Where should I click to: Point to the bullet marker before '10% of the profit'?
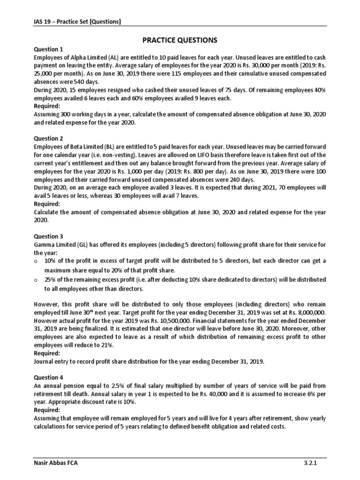(37, 261)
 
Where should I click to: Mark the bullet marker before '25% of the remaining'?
(37, 279)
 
